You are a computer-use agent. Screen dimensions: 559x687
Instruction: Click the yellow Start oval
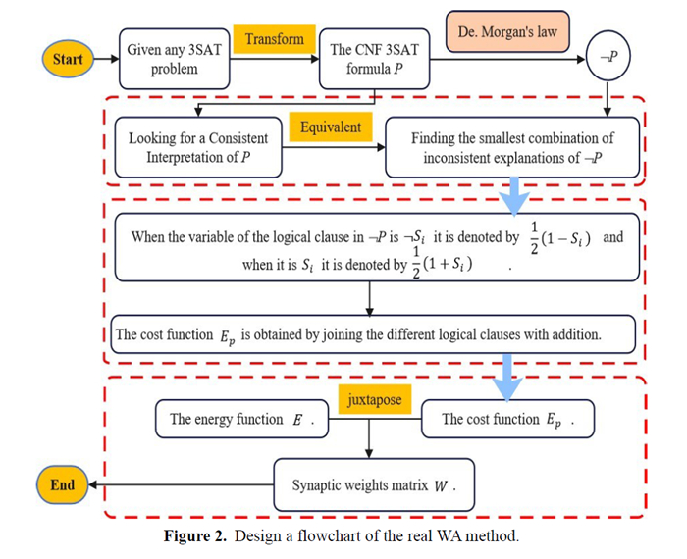(68, 59)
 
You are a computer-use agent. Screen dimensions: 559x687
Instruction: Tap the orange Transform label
(274, 40)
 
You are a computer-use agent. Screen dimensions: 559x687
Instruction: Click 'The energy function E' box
(241, 419)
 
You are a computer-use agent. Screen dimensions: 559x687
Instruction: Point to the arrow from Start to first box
(103, 59)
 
